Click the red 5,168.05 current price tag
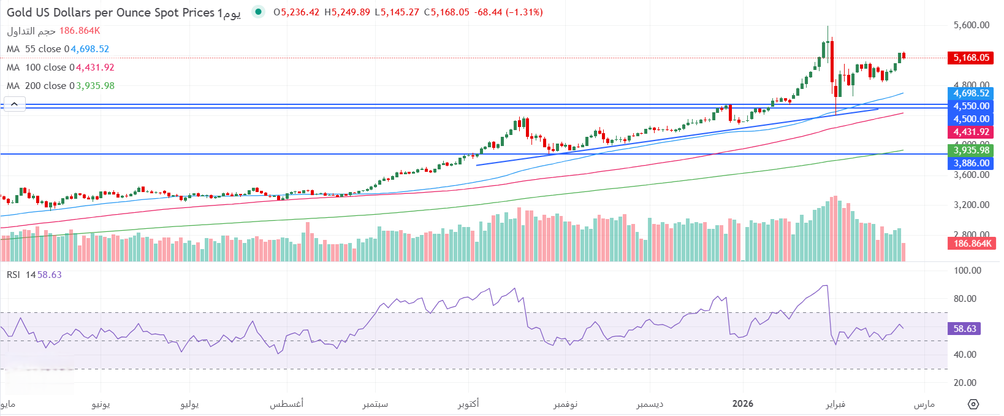(971, 58)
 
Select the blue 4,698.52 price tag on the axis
(971, 93)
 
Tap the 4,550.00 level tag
(971, 106)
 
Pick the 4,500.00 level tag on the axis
(971, 119)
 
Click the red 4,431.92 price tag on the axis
(971, 132)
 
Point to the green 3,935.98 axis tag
(971, 150)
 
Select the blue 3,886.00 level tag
(971, 163)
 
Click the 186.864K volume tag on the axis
(972, 244)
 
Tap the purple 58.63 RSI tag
(964, 329)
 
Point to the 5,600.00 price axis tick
(971, 25)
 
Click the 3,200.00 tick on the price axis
(971, 205)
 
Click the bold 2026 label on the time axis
(743, 404)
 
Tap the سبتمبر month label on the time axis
(375, 404)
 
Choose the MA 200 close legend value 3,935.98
(95, 86)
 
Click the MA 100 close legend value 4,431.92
(95, 67)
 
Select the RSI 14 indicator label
(21, 275)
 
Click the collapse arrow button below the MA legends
(15, 104)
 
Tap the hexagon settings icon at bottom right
(973, 404)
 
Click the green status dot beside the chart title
(259, 12)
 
